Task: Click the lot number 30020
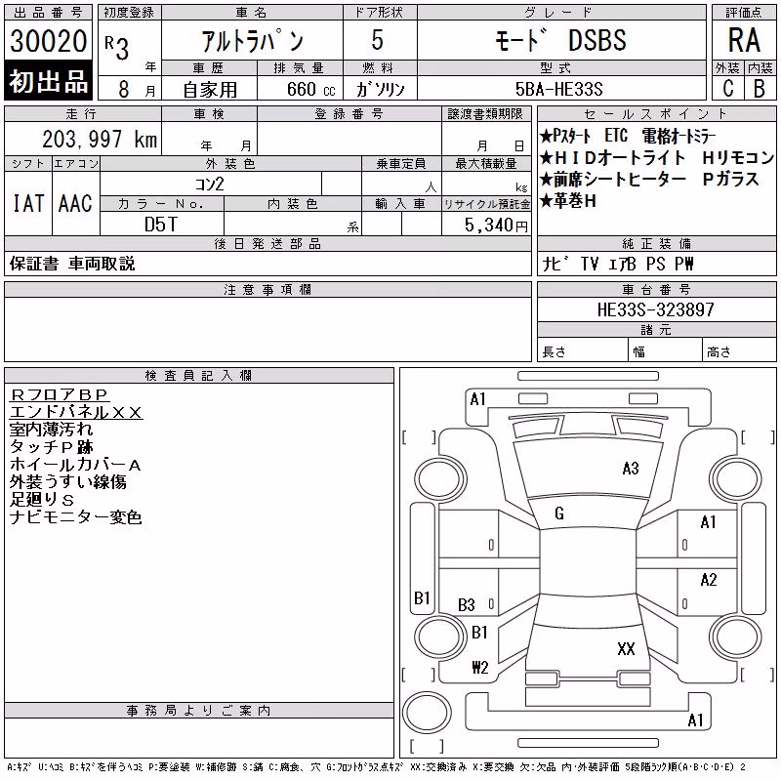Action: [x=48, y=41]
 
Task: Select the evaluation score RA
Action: [x=744, y=40]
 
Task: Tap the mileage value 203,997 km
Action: [x=100, y=139]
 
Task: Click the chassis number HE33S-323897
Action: [x=655, y=309]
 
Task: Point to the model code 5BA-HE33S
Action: [x=558, y=89]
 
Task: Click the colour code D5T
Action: [x=160, y=225]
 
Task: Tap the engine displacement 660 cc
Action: [x=310, y=90]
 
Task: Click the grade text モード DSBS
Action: [x=560, y=40]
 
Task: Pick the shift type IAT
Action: [x=28, y=203]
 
